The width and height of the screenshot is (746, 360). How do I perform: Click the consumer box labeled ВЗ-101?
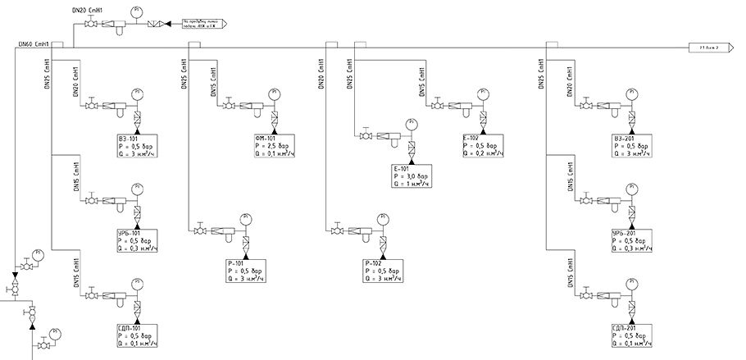tap(137, 147)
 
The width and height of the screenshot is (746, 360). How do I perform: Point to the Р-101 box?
tap(245, 271)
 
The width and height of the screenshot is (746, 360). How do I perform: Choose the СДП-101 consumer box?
tap(137, 336)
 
